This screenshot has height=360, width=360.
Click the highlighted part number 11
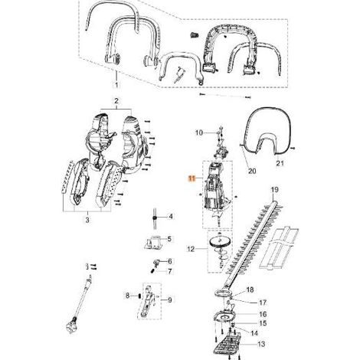click(x=191, y=178)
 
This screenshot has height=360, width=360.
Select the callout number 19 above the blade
click(x=274, y=190)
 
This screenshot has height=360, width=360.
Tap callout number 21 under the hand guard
click(x=280, y=163)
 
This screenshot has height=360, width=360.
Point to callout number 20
click(x=252, y=171)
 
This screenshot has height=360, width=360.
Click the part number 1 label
click(x=116, y=84)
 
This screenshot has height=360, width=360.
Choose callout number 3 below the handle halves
click(x=87, y=220)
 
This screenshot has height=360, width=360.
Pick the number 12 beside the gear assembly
click(x=191, y=249)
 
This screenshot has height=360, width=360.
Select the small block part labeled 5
click(x=153, y=242)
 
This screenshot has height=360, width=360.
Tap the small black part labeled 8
click(x=139, y=296)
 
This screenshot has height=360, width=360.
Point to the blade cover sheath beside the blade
click(x=280, y=247)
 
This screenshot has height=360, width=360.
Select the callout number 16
click(x=263, y=314)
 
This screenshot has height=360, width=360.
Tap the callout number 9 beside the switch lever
click(x=170, y=300)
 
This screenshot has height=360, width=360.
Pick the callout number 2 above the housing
click(x=116, y=101)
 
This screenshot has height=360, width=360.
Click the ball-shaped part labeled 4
click(x=155, y=218)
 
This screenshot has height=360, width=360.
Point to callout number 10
click(x=199, y=133)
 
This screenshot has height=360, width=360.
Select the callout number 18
click(x=250, y=290)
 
